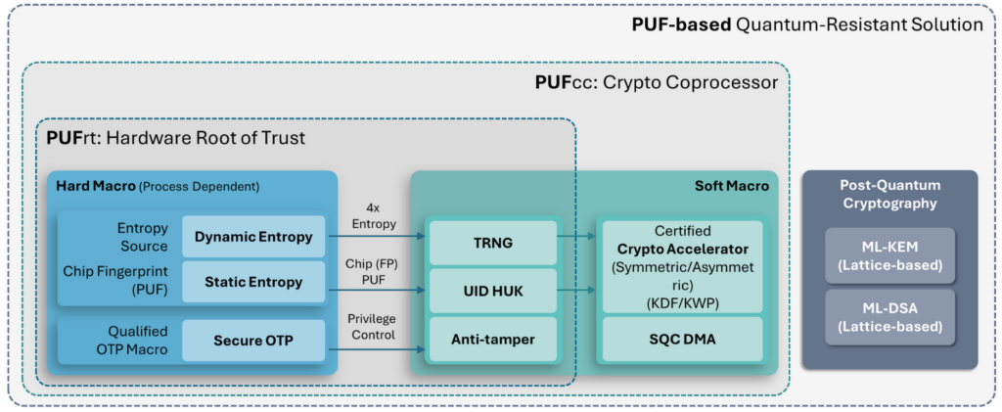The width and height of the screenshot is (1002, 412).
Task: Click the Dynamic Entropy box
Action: pos(253,237)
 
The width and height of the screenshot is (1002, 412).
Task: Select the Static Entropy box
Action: pos(253,282)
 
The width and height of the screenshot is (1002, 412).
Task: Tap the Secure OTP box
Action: pos(253,341)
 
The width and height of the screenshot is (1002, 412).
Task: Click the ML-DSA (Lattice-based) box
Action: pos(888,318)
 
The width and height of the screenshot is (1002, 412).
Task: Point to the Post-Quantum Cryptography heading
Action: pos(888,194)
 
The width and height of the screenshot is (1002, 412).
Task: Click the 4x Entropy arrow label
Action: pos(372,215)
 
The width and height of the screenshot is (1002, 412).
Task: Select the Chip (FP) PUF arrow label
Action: pos(372,272)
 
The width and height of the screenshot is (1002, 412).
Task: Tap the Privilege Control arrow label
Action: pos(372,326)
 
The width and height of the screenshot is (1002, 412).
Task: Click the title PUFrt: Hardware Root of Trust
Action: pos(176,138)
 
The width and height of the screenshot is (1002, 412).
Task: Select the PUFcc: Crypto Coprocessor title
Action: pos(656,82)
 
